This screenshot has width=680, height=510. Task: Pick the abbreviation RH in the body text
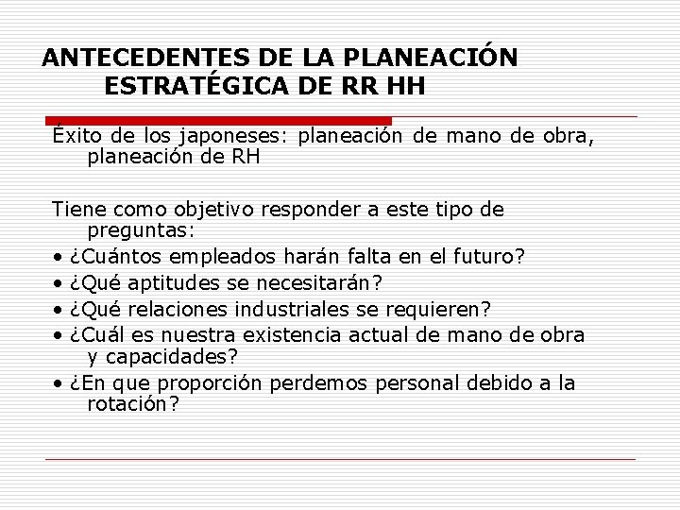[244, 158]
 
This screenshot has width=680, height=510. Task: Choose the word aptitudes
[168, 282]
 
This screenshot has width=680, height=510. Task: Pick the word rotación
[130, 403]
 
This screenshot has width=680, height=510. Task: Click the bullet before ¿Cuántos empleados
[59, 258]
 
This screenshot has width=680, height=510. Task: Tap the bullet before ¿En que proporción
[59, 383]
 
